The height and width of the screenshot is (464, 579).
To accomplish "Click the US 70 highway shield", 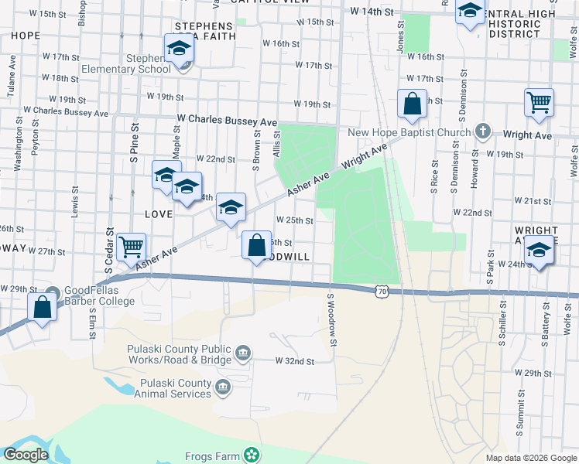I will tap(379, 290).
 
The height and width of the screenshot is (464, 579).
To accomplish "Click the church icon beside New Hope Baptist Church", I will tap(483, 130).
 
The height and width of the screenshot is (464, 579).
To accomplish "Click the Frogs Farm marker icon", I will tap(251, 455).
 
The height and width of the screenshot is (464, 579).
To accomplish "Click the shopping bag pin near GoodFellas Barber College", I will tap(42, 306).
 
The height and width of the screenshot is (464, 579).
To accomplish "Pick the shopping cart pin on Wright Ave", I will tap(539, 103).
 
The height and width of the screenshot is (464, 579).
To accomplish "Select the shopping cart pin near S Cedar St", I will tap(132, 247).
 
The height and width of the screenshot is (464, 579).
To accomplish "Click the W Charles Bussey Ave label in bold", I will tap(227, 121).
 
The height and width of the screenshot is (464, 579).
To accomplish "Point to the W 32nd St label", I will tap(295, 361).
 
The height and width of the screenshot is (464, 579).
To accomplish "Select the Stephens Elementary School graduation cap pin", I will tap(179, 50).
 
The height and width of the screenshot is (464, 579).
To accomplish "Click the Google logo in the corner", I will tap(26, 455).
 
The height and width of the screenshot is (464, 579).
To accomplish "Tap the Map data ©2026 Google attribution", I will tap(531, 458).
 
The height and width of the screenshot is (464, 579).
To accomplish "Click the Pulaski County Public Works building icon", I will tap(242, 354).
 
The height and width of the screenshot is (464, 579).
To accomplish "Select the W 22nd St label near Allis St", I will tap(215, 159).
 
